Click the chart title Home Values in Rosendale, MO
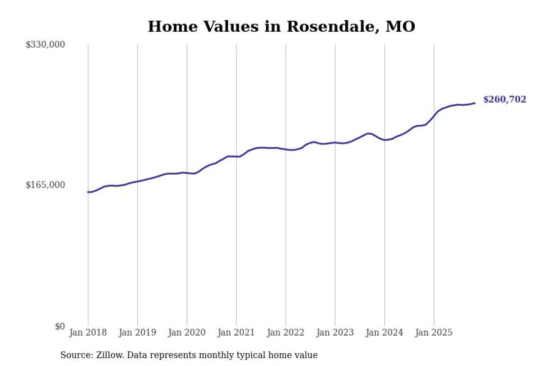(281, 27)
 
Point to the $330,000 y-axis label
(45, 45)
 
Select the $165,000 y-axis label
(45, 185)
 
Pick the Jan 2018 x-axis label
(88, 333)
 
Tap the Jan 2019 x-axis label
(138, 333)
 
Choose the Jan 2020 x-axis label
(187, 333)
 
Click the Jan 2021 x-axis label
(236, 333)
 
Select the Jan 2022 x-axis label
(286, 333)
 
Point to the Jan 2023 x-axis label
(335, 333)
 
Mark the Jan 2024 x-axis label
(384, 333)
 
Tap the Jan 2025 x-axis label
(434, 333)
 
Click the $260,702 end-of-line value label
(504, 100)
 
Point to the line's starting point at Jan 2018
(88, 192)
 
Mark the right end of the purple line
(474, 103)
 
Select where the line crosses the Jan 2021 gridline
(236, 156)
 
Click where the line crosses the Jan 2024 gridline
(384, 140)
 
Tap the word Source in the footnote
(73, 355)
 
